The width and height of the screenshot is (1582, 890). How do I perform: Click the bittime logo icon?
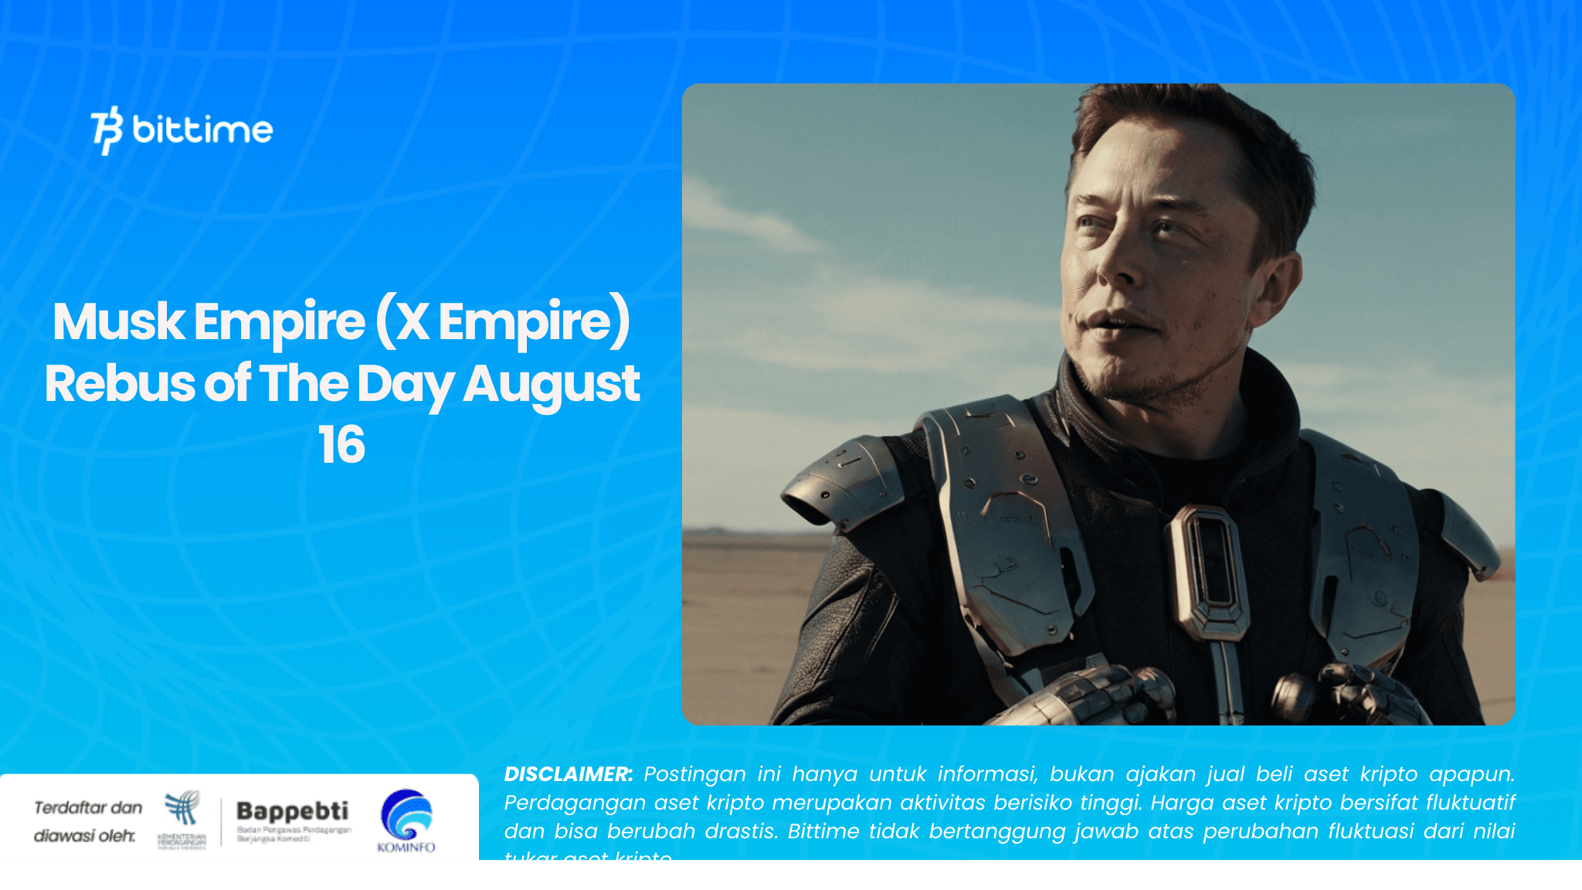point(107,130)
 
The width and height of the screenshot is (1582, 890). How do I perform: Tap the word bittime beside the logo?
point(202,129)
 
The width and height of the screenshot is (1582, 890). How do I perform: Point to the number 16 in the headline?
point(341,445)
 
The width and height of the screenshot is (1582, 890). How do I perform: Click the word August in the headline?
point(551,385)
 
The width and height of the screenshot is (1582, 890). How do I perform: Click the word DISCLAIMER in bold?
point(568,774)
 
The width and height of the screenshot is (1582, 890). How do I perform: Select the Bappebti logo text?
point(292,810)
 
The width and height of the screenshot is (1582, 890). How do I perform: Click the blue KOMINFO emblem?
point(406,814)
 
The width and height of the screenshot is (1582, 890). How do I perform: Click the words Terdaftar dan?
point(88,807)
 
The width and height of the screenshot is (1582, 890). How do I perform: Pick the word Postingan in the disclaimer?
point(694,774)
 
